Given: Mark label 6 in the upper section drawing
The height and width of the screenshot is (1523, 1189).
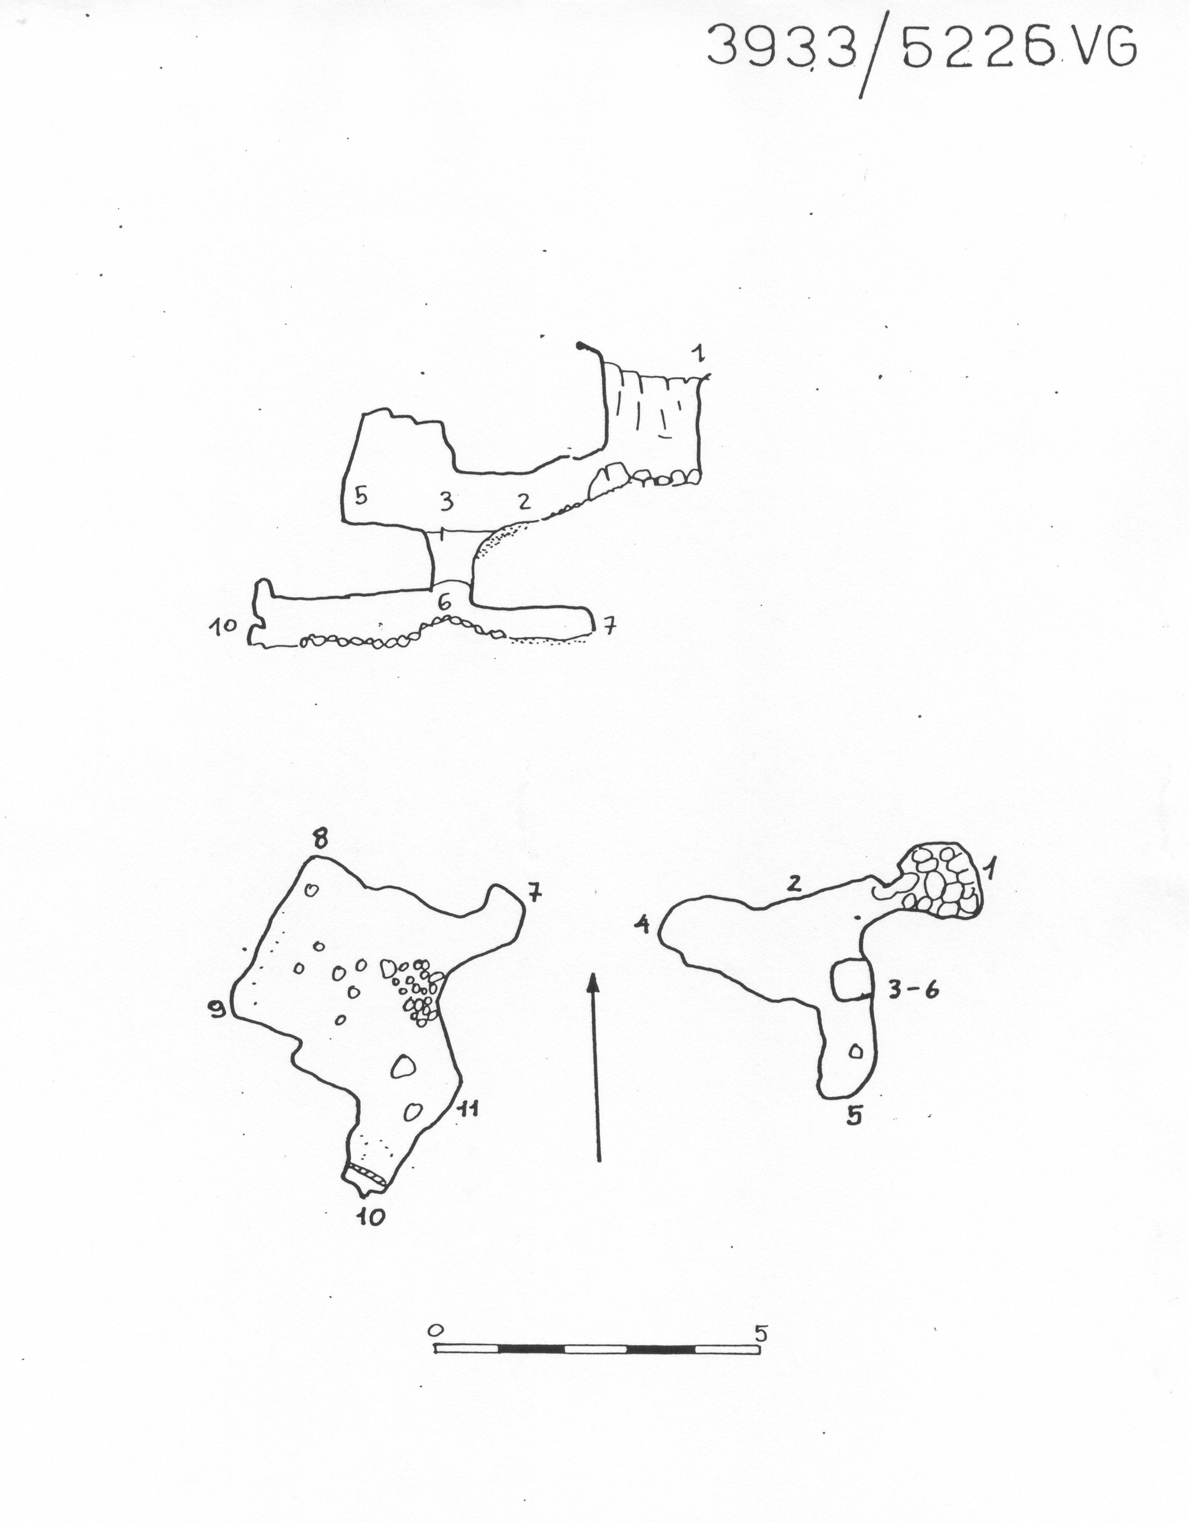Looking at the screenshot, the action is point(443,600).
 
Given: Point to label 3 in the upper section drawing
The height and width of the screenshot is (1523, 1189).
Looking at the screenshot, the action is point(446,501).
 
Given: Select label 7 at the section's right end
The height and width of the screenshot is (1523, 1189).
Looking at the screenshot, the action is point(609,627).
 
